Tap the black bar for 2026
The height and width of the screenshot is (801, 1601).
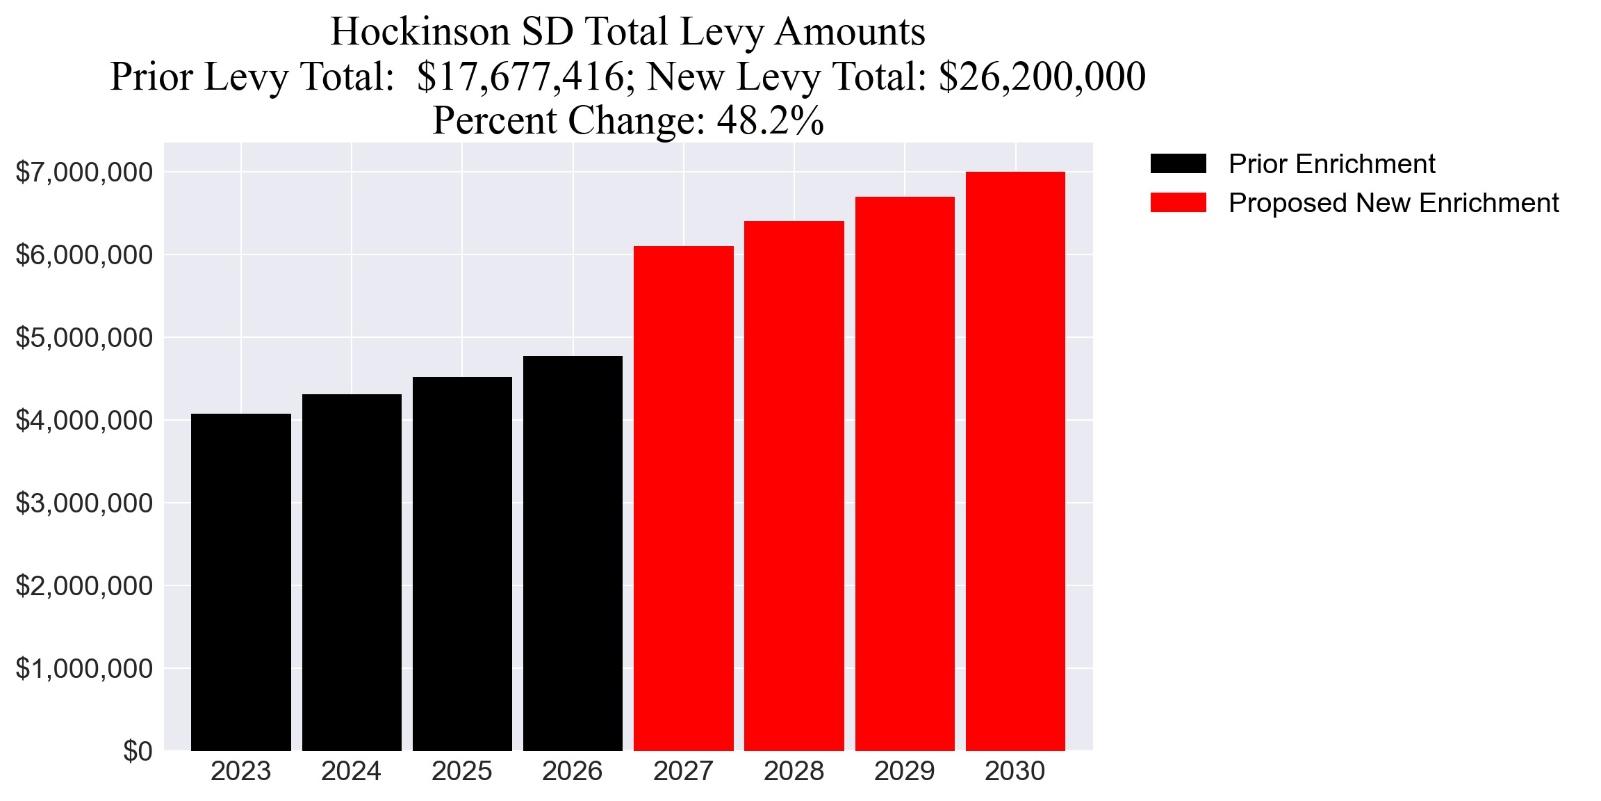573,553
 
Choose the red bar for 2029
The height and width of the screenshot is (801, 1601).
905,474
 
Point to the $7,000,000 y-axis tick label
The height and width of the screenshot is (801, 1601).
84,172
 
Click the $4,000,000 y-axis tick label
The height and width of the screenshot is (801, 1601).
84,420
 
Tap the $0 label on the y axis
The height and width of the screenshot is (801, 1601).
138,751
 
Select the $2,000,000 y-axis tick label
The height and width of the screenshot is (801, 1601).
84,585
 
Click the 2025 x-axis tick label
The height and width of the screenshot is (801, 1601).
462,771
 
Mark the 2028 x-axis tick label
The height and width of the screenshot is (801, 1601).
794,771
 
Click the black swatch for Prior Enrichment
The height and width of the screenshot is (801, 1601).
1178,164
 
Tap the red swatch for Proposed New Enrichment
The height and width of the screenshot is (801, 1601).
1178,203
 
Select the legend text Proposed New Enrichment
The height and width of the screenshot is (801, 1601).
1393,203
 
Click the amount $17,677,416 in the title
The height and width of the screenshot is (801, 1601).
521,76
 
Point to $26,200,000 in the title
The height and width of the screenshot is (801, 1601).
1042,76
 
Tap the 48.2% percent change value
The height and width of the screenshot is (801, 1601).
770,120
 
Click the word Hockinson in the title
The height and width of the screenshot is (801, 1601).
420,32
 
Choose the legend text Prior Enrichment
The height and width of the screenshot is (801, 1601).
1331,164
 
